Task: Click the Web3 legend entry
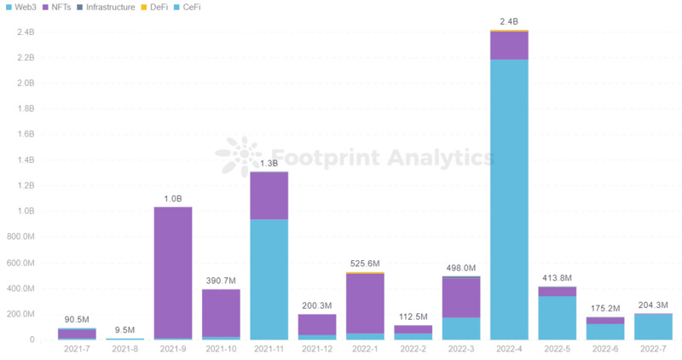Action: [x=24, y=7]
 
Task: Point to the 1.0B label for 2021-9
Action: [x=173, y=199]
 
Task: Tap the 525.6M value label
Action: [x=365, y=264]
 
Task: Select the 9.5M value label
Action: [x=125, y=329]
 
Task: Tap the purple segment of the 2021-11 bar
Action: [x=269, y=195]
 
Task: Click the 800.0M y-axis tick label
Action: [x=20, y=237]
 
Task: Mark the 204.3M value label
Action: [x=652, y=305]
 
